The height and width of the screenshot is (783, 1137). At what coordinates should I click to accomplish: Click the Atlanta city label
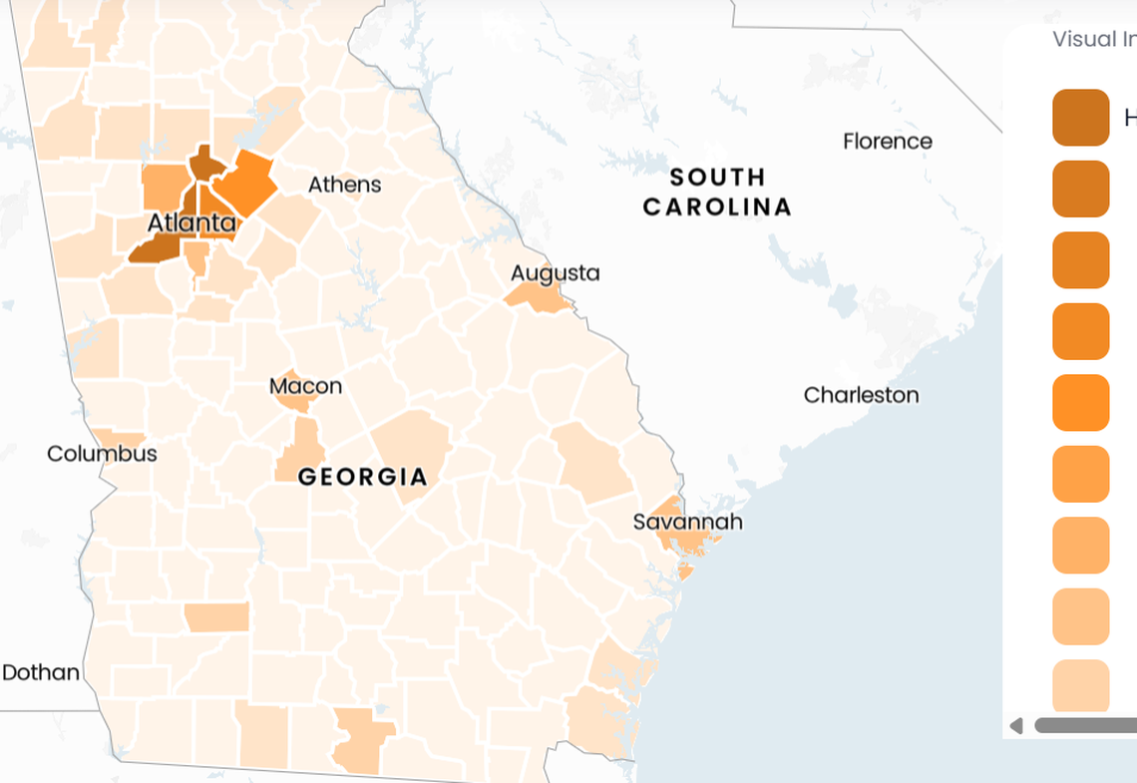(x=191, y=222)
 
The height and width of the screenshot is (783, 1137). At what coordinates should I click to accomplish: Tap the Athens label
(x=344, y=185)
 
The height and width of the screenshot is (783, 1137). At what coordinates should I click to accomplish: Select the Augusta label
(x=556, y=272)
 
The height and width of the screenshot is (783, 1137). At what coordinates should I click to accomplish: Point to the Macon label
(x=305, y=385)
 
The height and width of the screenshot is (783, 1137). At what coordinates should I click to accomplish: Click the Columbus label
(x=102, y=454)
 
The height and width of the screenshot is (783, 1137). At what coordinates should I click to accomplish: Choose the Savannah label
(x=687, y=522)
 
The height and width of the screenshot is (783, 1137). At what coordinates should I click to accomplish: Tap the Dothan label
(x=41, y=672)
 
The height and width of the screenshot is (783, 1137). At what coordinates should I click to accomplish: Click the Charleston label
(x=861, y=395)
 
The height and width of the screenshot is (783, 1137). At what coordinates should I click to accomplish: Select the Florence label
(x=887, y=141)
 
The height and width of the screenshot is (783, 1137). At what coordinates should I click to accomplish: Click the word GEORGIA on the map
(x=363, y=477)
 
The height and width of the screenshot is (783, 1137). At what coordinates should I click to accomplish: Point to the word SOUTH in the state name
(x=717, y=178)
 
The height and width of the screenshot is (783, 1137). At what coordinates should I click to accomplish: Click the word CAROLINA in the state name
(x=717, y=207)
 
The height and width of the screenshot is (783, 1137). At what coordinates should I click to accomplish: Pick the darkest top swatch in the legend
(x=1081, y=118)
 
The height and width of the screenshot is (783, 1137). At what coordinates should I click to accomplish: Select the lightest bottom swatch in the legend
(x=1081, y=686)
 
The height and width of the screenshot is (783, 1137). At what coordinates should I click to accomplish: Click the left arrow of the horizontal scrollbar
(x=1016, y=725)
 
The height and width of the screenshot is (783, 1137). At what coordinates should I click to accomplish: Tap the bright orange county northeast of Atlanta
(x=243, y=182)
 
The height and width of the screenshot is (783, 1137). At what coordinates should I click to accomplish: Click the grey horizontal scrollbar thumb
(x=1087, y=725)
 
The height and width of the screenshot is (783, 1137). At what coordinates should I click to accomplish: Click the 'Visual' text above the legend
(x=1083, y=39)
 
